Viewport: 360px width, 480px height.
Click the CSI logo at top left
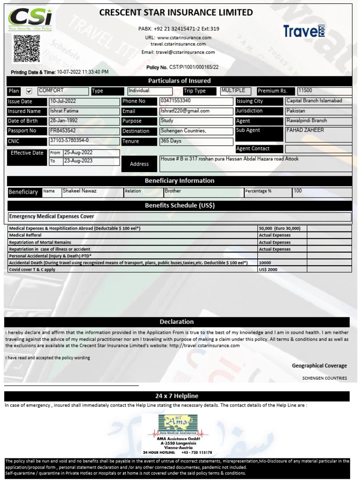pos(31,19)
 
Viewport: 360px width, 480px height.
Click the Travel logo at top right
pos(304,31)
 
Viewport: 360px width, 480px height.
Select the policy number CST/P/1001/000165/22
pos(194,67)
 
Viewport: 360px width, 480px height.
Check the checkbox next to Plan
pos(29,91)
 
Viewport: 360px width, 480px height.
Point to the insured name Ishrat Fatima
pos(65,111)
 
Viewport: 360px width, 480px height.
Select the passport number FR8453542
pos(63,131)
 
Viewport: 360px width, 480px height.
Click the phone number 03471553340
pos(176,101)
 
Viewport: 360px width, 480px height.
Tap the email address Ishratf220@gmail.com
pos(185,111)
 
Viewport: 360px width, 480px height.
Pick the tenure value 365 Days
pos(172,141)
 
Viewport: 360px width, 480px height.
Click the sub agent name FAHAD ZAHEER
pos(305,130)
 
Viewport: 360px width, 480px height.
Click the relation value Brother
pos(173,191)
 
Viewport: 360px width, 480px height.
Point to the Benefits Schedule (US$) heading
pos(180,205)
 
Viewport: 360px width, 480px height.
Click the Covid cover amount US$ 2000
pos(269,270)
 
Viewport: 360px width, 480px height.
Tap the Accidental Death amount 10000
pos(265,263)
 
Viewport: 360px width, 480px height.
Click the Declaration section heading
pos(177,322)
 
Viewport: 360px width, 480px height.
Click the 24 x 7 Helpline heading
pos(177,396)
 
